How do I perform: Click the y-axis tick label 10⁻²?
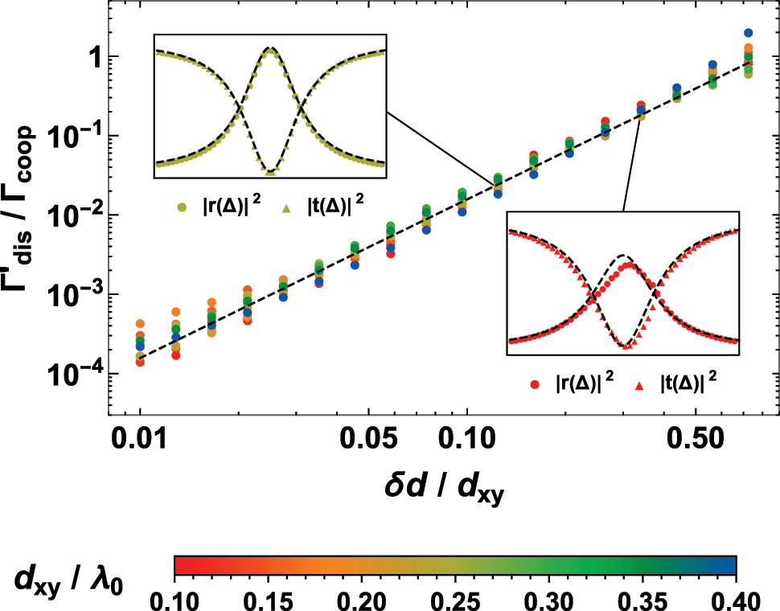pos(72,215)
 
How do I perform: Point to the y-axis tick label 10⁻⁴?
pos(72,373)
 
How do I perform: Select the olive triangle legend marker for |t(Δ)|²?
pos(286,198)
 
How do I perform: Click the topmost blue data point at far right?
pos(748,33)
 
